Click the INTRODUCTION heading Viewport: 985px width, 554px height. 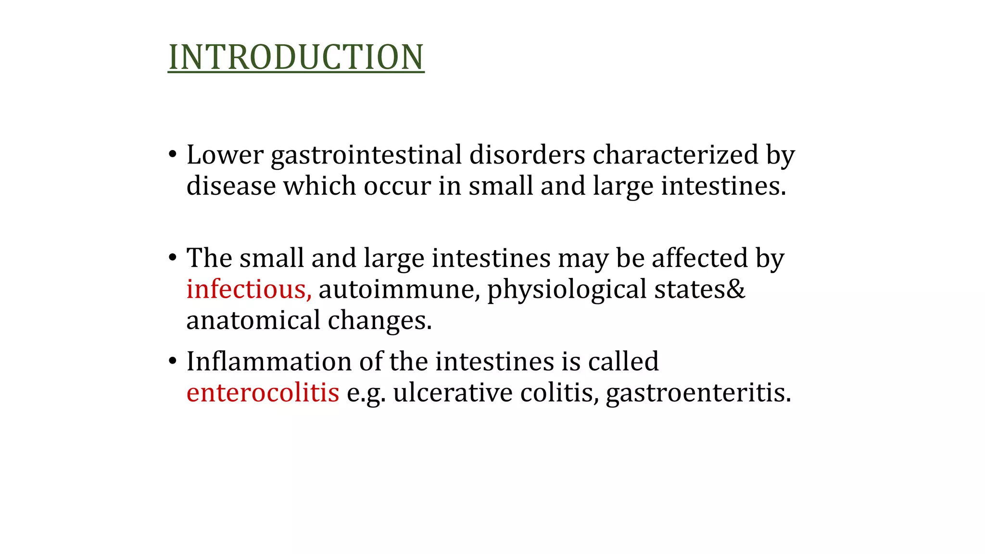click(x=296, y=57)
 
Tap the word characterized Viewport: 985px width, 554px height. click(x=675, y=155)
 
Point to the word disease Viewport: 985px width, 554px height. click(x=231, y=186)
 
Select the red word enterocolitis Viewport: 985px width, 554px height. click(x=263, y=393)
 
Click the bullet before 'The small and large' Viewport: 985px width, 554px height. click(x=173, y=258)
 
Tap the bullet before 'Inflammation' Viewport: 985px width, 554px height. click(x=173, y=362)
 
